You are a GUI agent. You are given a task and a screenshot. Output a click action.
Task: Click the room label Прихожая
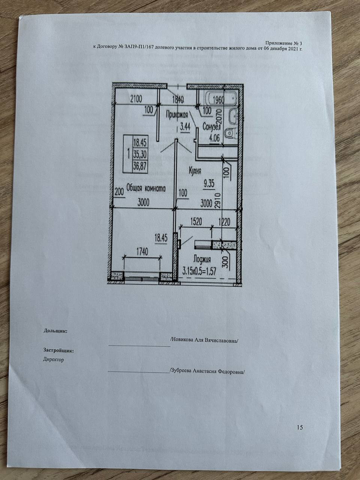point(177,114)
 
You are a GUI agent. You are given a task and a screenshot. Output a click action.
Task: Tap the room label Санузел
point(211,127)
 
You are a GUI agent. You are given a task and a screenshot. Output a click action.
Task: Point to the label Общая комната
point(146,189)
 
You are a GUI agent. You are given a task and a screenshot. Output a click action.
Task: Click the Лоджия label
point(202,259)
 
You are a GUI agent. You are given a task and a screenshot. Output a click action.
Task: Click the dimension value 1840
point(178,100)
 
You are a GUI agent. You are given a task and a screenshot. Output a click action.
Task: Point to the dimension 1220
point(225,222)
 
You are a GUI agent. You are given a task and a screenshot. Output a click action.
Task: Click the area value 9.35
point(209,184)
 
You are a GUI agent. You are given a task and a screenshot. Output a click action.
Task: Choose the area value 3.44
point(185,127)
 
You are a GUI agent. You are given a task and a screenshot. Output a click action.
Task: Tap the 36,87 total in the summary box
point(140,167)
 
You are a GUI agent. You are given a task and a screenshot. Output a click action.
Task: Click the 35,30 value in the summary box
point(140,155)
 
